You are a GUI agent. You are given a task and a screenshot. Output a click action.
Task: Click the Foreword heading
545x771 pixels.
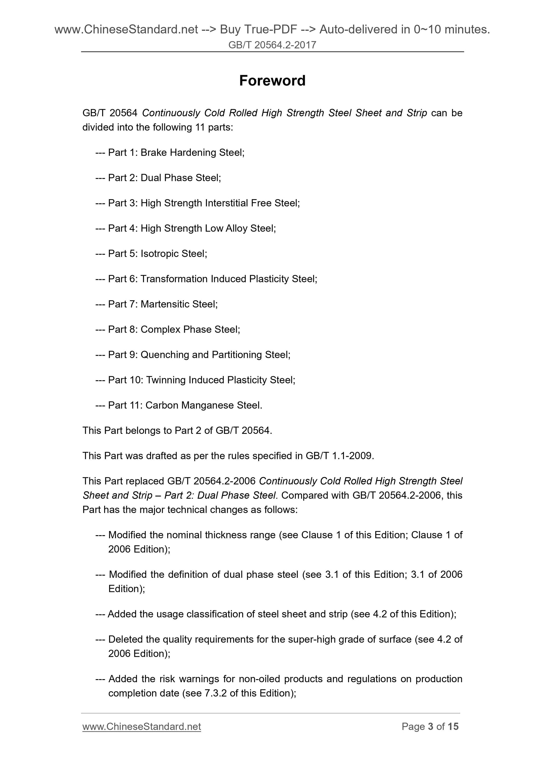272,81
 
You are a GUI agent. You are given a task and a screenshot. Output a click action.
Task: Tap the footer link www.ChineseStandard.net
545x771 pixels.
141,726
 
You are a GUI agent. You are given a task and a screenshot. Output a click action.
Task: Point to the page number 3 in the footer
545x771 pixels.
430,726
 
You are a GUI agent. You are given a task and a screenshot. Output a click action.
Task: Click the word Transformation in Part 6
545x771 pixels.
174,279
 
